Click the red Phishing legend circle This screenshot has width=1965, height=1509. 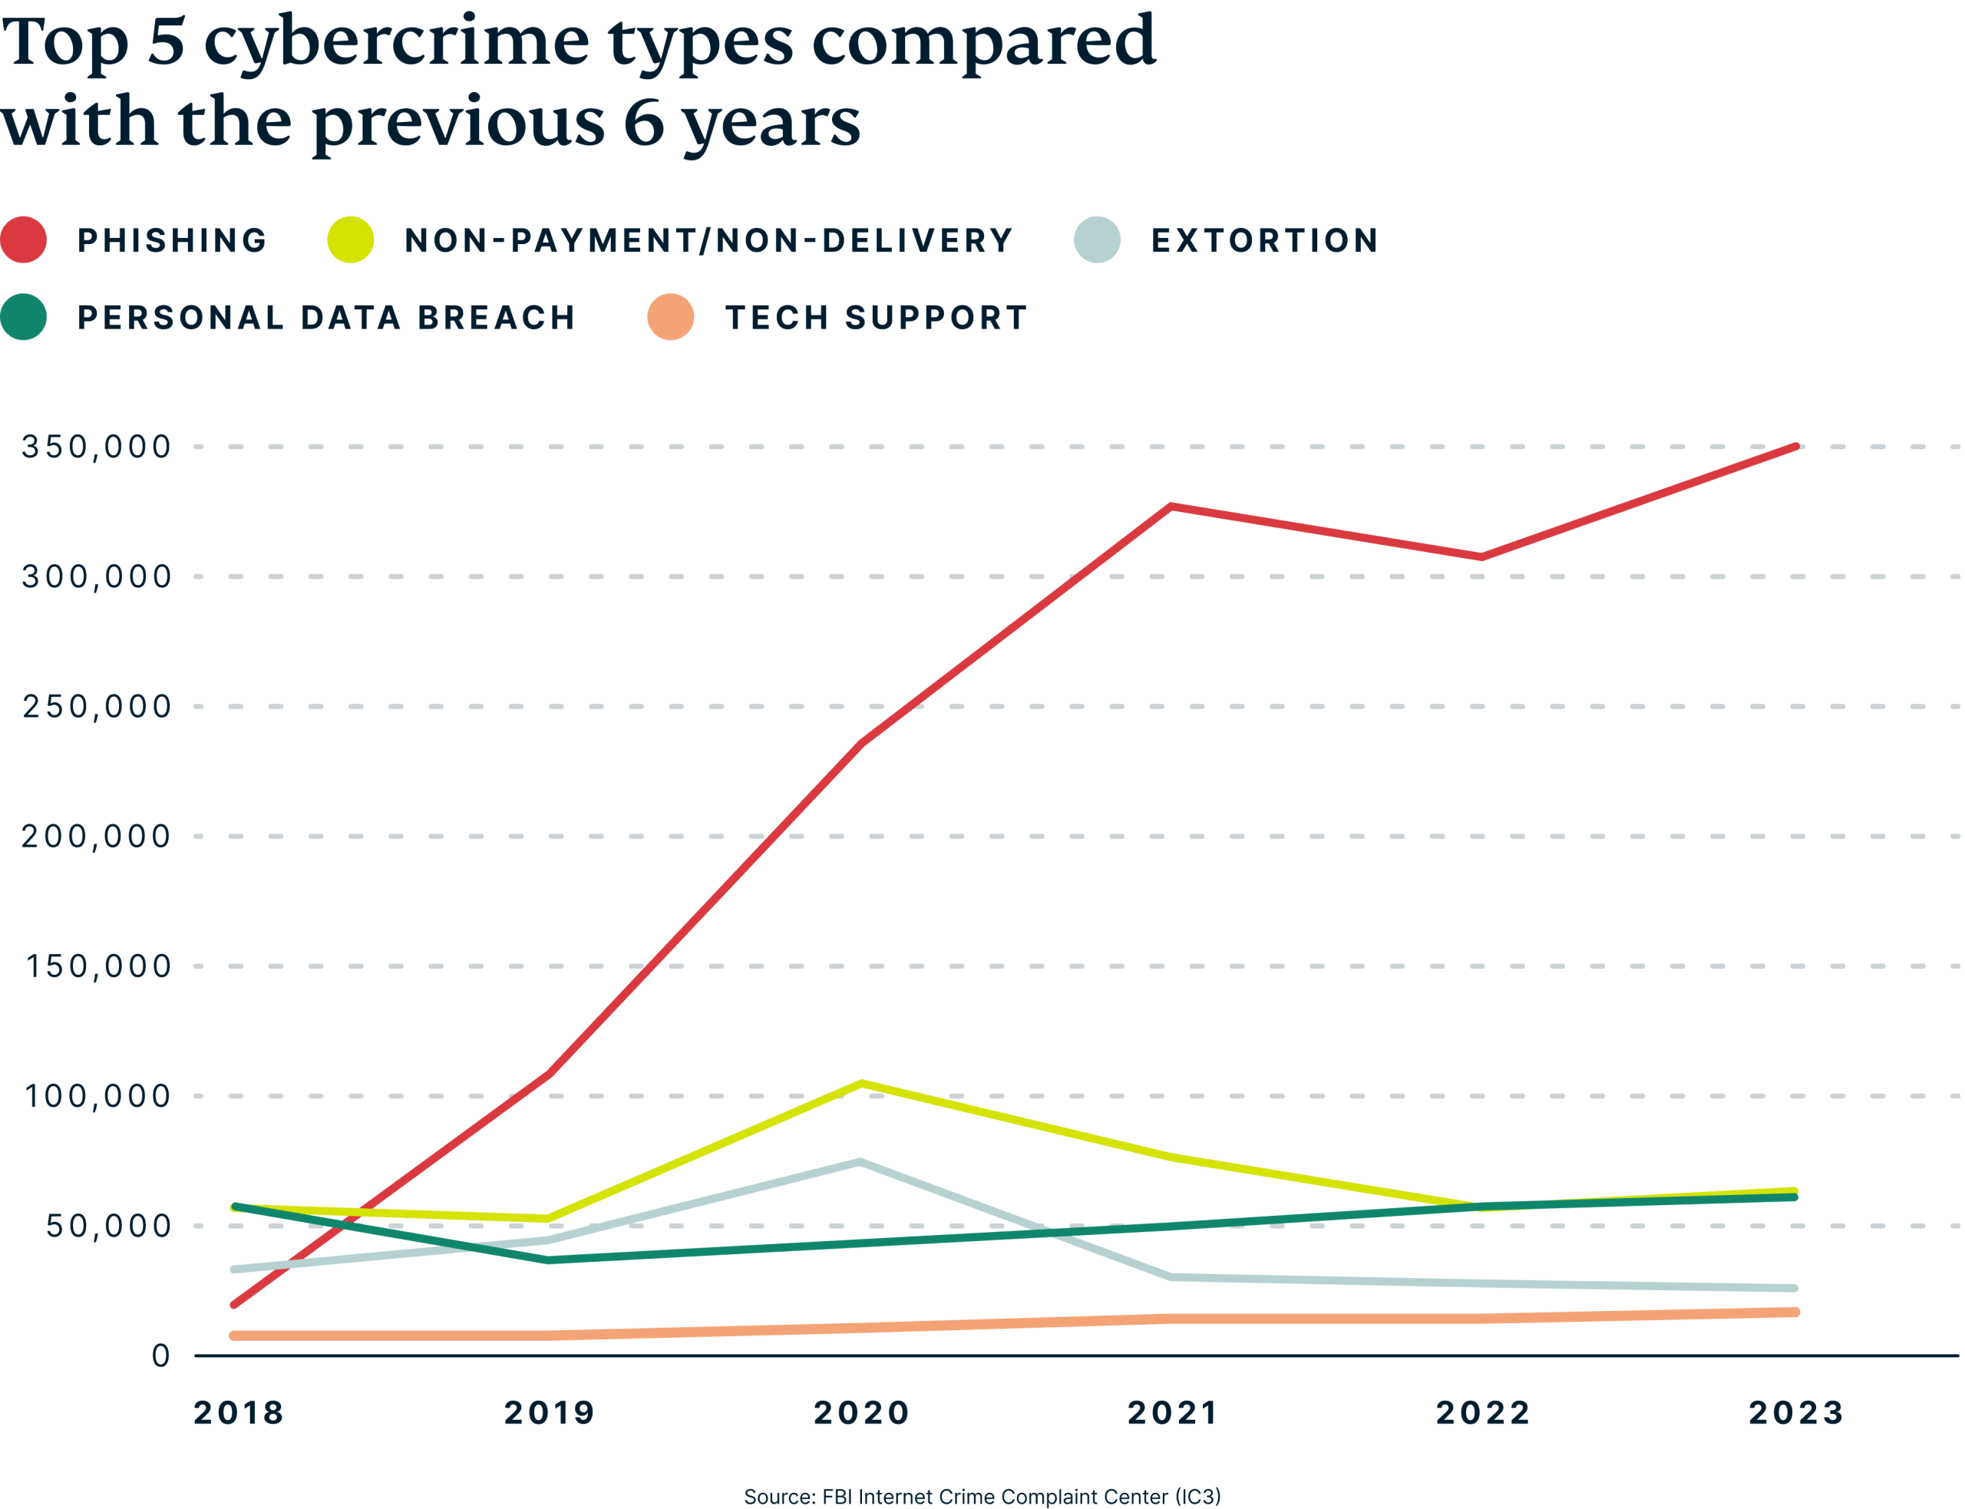coord(25,239)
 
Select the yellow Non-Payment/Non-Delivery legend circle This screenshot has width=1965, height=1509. coord(350,239)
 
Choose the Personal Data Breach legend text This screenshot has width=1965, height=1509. coord(326,318)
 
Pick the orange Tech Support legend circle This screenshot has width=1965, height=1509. coord(671,317)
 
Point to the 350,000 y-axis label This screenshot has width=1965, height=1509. coord(96,447)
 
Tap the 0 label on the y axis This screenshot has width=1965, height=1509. coord(160,1355)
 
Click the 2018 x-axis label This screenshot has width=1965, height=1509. coord(239,1413)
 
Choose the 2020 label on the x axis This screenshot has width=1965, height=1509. coord(861,1413)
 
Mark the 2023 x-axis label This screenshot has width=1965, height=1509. coord(1796,1413)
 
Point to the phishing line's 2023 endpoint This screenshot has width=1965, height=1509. coord(1796,445)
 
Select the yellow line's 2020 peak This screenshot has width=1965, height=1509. coord(861,1082)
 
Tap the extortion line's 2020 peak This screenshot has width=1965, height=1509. coord(860,1161)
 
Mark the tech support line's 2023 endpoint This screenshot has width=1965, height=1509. coord(1795,1313)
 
